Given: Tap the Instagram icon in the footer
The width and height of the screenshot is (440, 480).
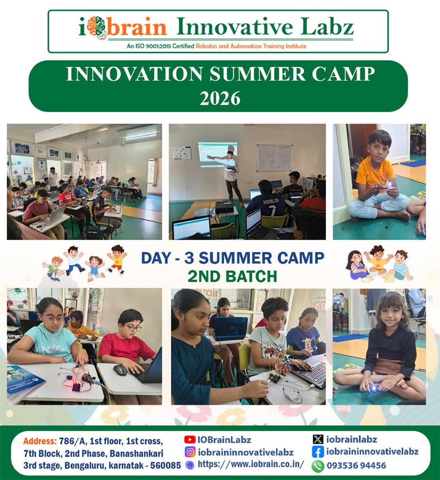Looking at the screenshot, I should point(190,452).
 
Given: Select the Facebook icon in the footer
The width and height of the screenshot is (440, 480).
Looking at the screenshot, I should point(318,452).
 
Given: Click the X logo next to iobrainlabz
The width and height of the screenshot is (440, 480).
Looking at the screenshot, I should point(318,440).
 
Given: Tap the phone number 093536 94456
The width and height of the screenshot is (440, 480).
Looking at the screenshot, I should point(356,466).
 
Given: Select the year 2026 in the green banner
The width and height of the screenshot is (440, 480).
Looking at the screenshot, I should point(220,98).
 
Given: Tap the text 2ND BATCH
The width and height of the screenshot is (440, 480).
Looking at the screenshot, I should point(233,276).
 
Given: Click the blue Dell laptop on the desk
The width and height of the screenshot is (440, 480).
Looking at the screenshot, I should point(231,328).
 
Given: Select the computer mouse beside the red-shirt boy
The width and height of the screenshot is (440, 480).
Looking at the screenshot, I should point(120,370).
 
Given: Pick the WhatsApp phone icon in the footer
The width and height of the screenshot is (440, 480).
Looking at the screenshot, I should point(318,466).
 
